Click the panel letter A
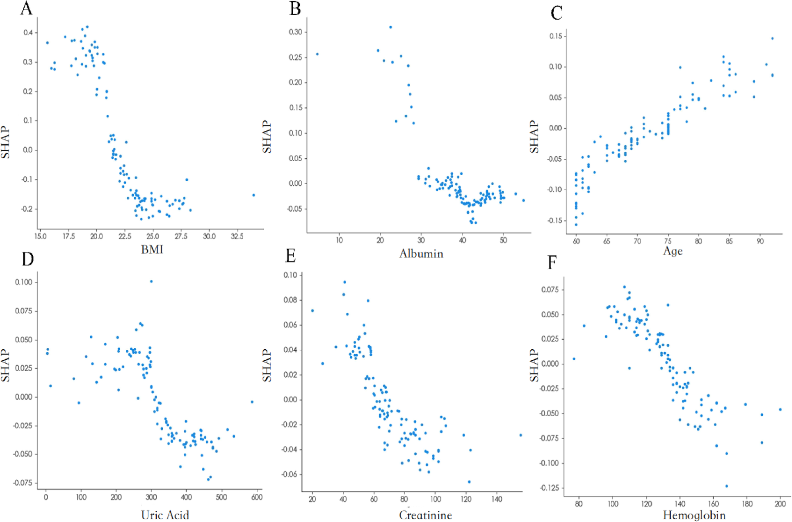27,8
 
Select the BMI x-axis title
152,249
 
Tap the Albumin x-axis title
421,254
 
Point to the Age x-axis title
673,251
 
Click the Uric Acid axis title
165,515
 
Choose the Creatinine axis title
425,515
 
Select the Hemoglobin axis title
694,515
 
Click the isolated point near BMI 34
253,195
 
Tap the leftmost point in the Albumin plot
317,54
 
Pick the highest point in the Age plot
772,39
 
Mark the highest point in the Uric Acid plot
151,281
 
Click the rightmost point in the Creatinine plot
520,435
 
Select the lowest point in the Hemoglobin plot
726,486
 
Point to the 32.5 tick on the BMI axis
237,236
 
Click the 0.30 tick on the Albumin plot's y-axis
295,32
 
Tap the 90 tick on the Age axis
760,242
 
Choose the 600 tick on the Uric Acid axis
257,497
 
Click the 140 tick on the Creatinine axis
497,499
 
